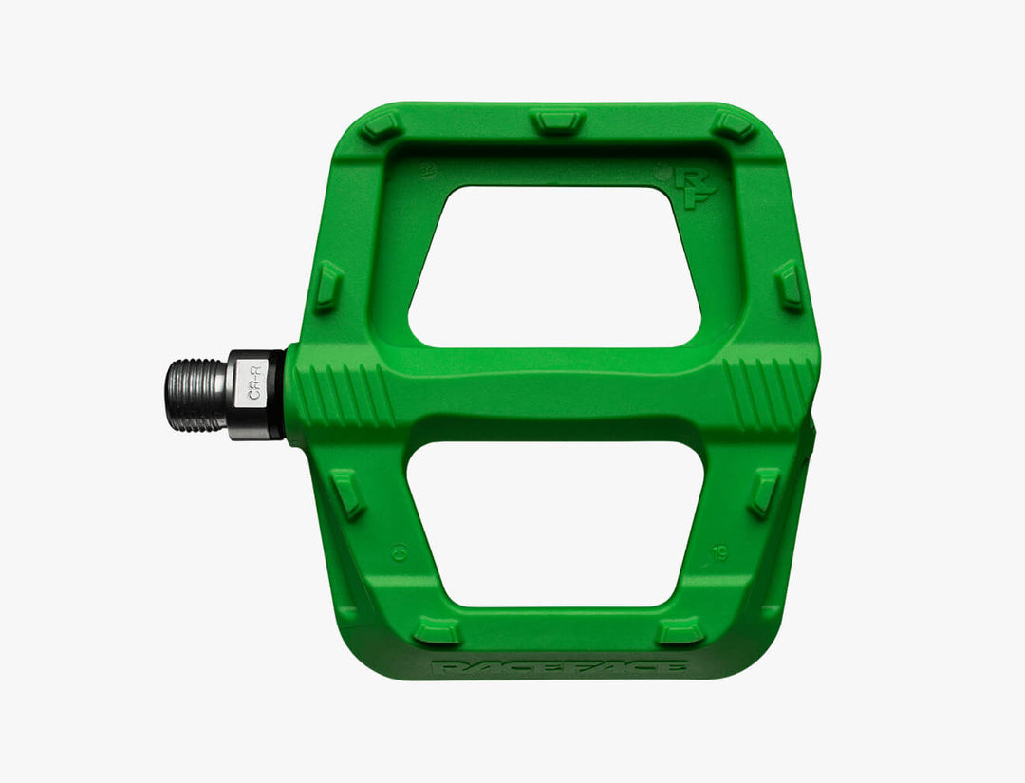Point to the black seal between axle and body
click(x=278, y=395)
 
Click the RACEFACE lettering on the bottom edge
click(x=559, y=667)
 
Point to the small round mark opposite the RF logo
click(x=426, y=173)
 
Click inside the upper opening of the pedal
click(x=555, y=267)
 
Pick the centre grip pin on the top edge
click(x=557, y=121)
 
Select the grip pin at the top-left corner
click(x=382, y=126)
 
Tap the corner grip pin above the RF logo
click(x=734, y=126)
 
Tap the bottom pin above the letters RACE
click(x=438, y=630)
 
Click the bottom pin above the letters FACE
click(x=681, y=630)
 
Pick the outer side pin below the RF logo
click(x=789, y=285)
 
